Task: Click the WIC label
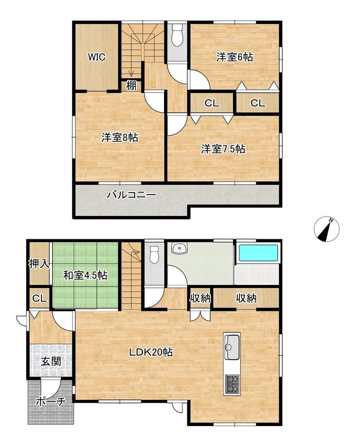[96, 57]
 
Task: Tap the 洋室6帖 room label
[234, 57]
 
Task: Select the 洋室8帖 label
[120, 138]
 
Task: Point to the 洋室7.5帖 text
[223, 149]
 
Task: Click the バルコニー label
[132, 195]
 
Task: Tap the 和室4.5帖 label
[85, 275]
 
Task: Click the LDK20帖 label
[151, 352]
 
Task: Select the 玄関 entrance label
[51, 361]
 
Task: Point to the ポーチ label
[51, 402]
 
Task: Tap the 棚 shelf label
[131, 86]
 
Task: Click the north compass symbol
[326, 230]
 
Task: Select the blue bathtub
[258, 253]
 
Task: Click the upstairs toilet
[177, 36]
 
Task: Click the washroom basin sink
[180, 248]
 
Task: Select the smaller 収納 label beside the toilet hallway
[200, 298]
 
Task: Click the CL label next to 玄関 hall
[39, 299]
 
